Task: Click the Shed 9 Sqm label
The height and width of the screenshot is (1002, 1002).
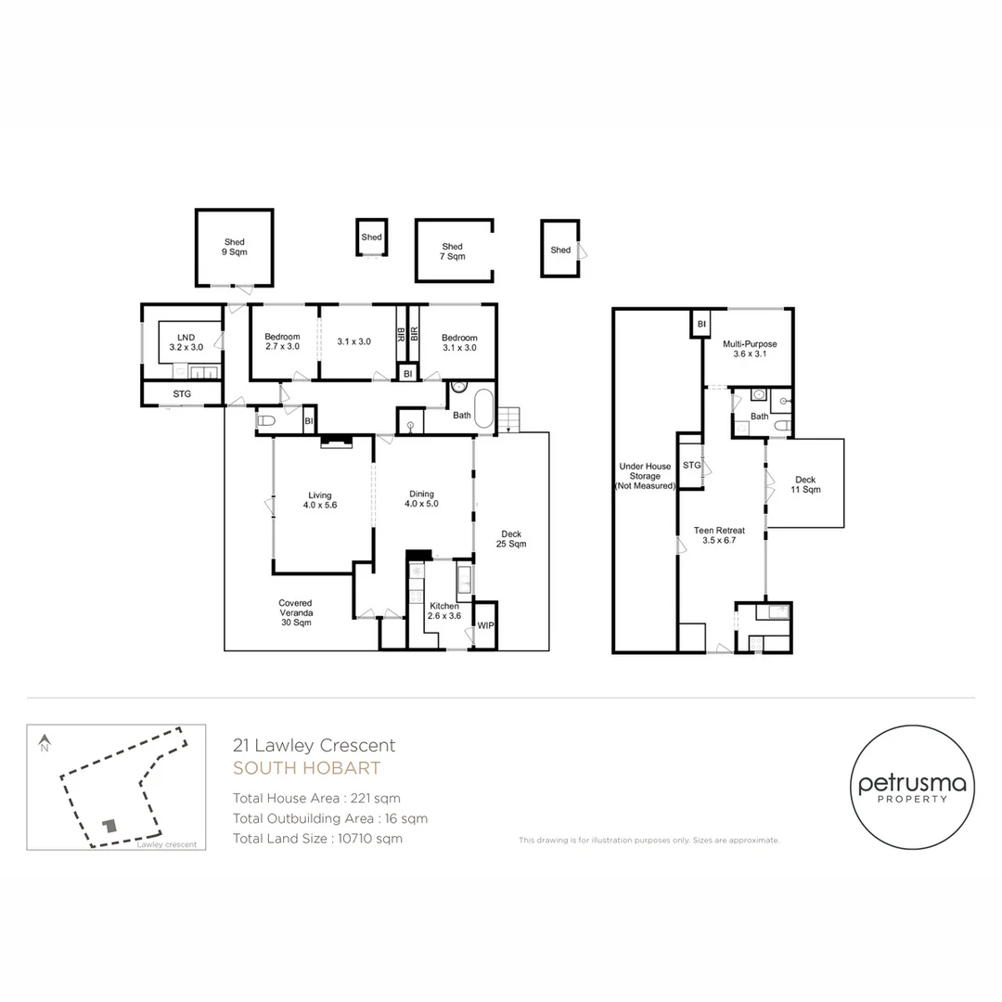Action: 235,248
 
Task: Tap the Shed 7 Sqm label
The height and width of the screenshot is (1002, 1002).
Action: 453,251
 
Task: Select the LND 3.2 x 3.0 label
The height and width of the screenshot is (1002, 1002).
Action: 186,342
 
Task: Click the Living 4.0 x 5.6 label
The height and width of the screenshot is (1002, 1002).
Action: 320,500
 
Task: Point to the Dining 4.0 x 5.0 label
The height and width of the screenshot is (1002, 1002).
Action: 422,498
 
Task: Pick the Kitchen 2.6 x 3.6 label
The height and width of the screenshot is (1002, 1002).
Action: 444,610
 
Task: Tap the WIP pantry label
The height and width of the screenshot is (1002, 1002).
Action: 485,625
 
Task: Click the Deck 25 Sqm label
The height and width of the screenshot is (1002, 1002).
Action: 511,539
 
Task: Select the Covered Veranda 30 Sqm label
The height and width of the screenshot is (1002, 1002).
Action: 296,612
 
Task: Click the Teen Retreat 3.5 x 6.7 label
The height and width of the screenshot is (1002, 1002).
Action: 720,535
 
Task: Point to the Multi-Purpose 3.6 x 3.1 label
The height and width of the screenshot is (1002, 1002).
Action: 750,348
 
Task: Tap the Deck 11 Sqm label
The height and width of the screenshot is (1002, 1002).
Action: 806,484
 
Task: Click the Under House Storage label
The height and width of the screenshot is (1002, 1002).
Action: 645,476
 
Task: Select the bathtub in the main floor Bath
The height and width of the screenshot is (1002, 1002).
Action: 483,407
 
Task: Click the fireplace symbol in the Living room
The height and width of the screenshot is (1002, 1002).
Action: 336,442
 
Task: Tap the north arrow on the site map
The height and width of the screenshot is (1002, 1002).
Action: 45,742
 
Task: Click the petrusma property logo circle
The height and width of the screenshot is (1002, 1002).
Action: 912,788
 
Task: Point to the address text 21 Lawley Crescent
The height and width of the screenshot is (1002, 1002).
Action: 314,745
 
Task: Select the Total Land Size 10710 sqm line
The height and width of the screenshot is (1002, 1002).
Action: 317,839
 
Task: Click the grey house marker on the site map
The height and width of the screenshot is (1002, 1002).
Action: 110,825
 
